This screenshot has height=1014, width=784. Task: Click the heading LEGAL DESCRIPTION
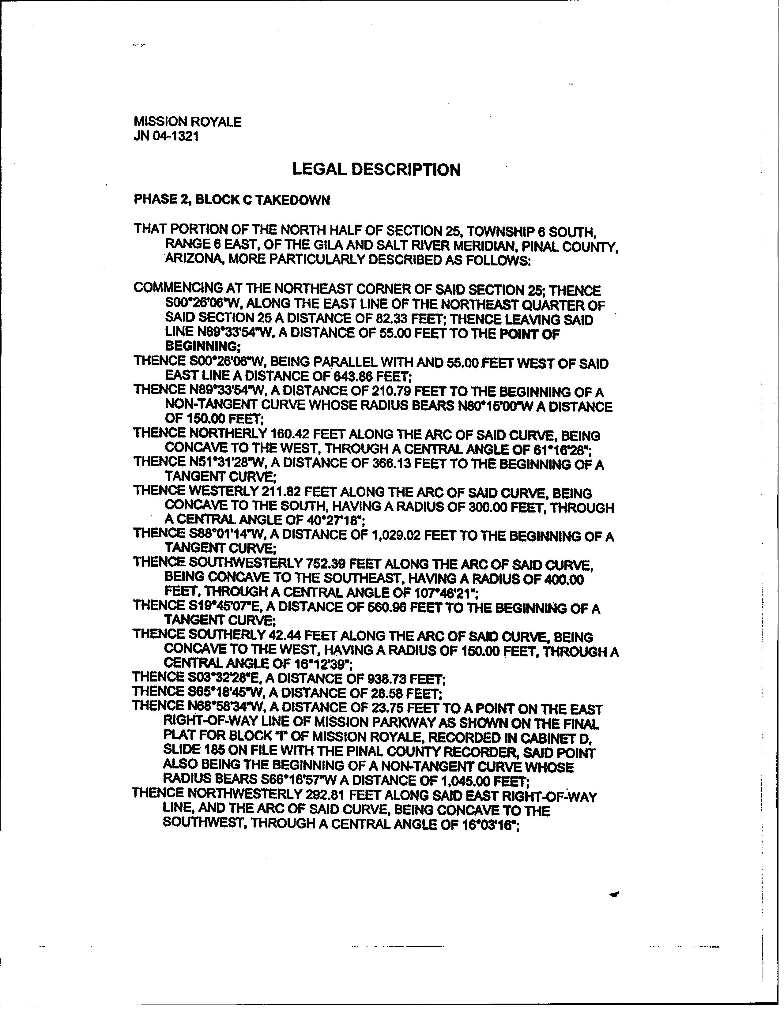coord(376,170)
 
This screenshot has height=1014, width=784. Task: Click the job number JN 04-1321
coord(166,137)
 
